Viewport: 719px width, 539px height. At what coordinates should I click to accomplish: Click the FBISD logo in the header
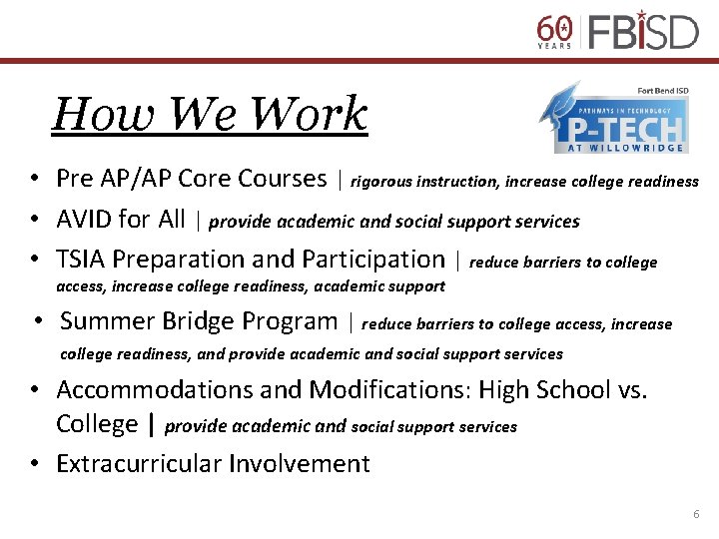pos(642,30)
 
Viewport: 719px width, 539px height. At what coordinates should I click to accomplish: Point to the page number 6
pos(696,514)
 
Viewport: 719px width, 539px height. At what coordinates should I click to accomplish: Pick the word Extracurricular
pos(139,463)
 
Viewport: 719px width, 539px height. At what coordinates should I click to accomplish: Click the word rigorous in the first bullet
pos(380,182)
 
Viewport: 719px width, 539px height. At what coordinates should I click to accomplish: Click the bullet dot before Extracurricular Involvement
pos(35,464)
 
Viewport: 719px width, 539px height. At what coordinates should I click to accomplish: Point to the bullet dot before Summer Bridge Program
pos(35,322)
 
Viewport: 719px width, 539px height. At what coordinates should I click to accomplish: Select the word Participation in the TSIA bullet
pos(371,259)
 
